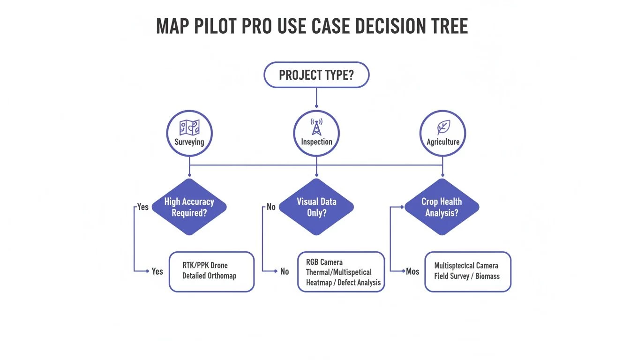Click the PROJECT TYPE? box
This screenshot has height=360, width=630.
click(316, 75)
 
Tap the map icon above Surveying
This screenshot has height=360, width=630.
click(189, 127)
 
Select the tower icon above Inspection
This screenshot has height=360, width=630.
click(316, 127)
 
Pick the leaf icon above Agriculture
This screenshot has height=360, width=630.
click(442, 127)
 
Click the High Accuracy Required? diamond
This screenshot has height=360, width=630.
click(189, 207)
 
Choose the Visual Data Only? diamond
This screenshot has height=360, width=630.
click(316, 207)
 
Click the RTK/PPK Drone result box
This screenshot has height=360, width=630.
click(211, 271)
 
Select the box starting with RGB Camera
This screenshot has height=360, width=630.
click(341, 272)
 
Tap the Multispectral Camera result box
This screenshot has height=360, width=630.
click(467, 271)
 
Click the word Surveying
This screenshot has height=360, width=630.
click(189, 142)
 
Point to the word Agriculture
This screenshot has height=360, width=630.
click(443, 142)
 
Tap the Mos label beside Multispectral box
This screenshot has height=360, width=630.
click(412, 271)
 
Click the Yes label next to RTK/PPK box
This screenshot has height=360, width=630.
click(157, 271)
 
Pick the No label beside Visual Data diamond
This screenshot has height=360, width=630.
click(271, 207)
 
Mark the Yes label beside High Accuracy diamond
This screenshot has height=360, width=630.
click(143, 207)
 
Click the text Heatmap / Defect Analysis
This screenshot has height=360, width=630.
click(343, 283)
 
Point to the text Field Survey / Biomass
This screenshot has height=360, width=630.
click(467, 276)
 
